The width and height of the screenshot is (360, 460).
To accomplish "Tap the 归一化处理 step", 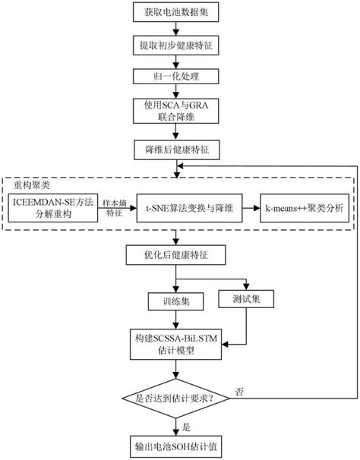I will (x=176, y=77).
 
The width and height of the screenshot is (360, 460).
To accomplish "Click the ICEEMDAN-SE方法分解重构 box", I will (x=54, y=206).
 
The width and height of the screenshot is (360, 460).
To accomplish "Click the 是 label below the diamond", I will (x=185, y=427).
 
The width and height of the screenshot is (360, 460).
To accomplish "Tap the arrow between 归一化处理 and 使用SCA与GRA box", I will (x=176, y=93).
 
